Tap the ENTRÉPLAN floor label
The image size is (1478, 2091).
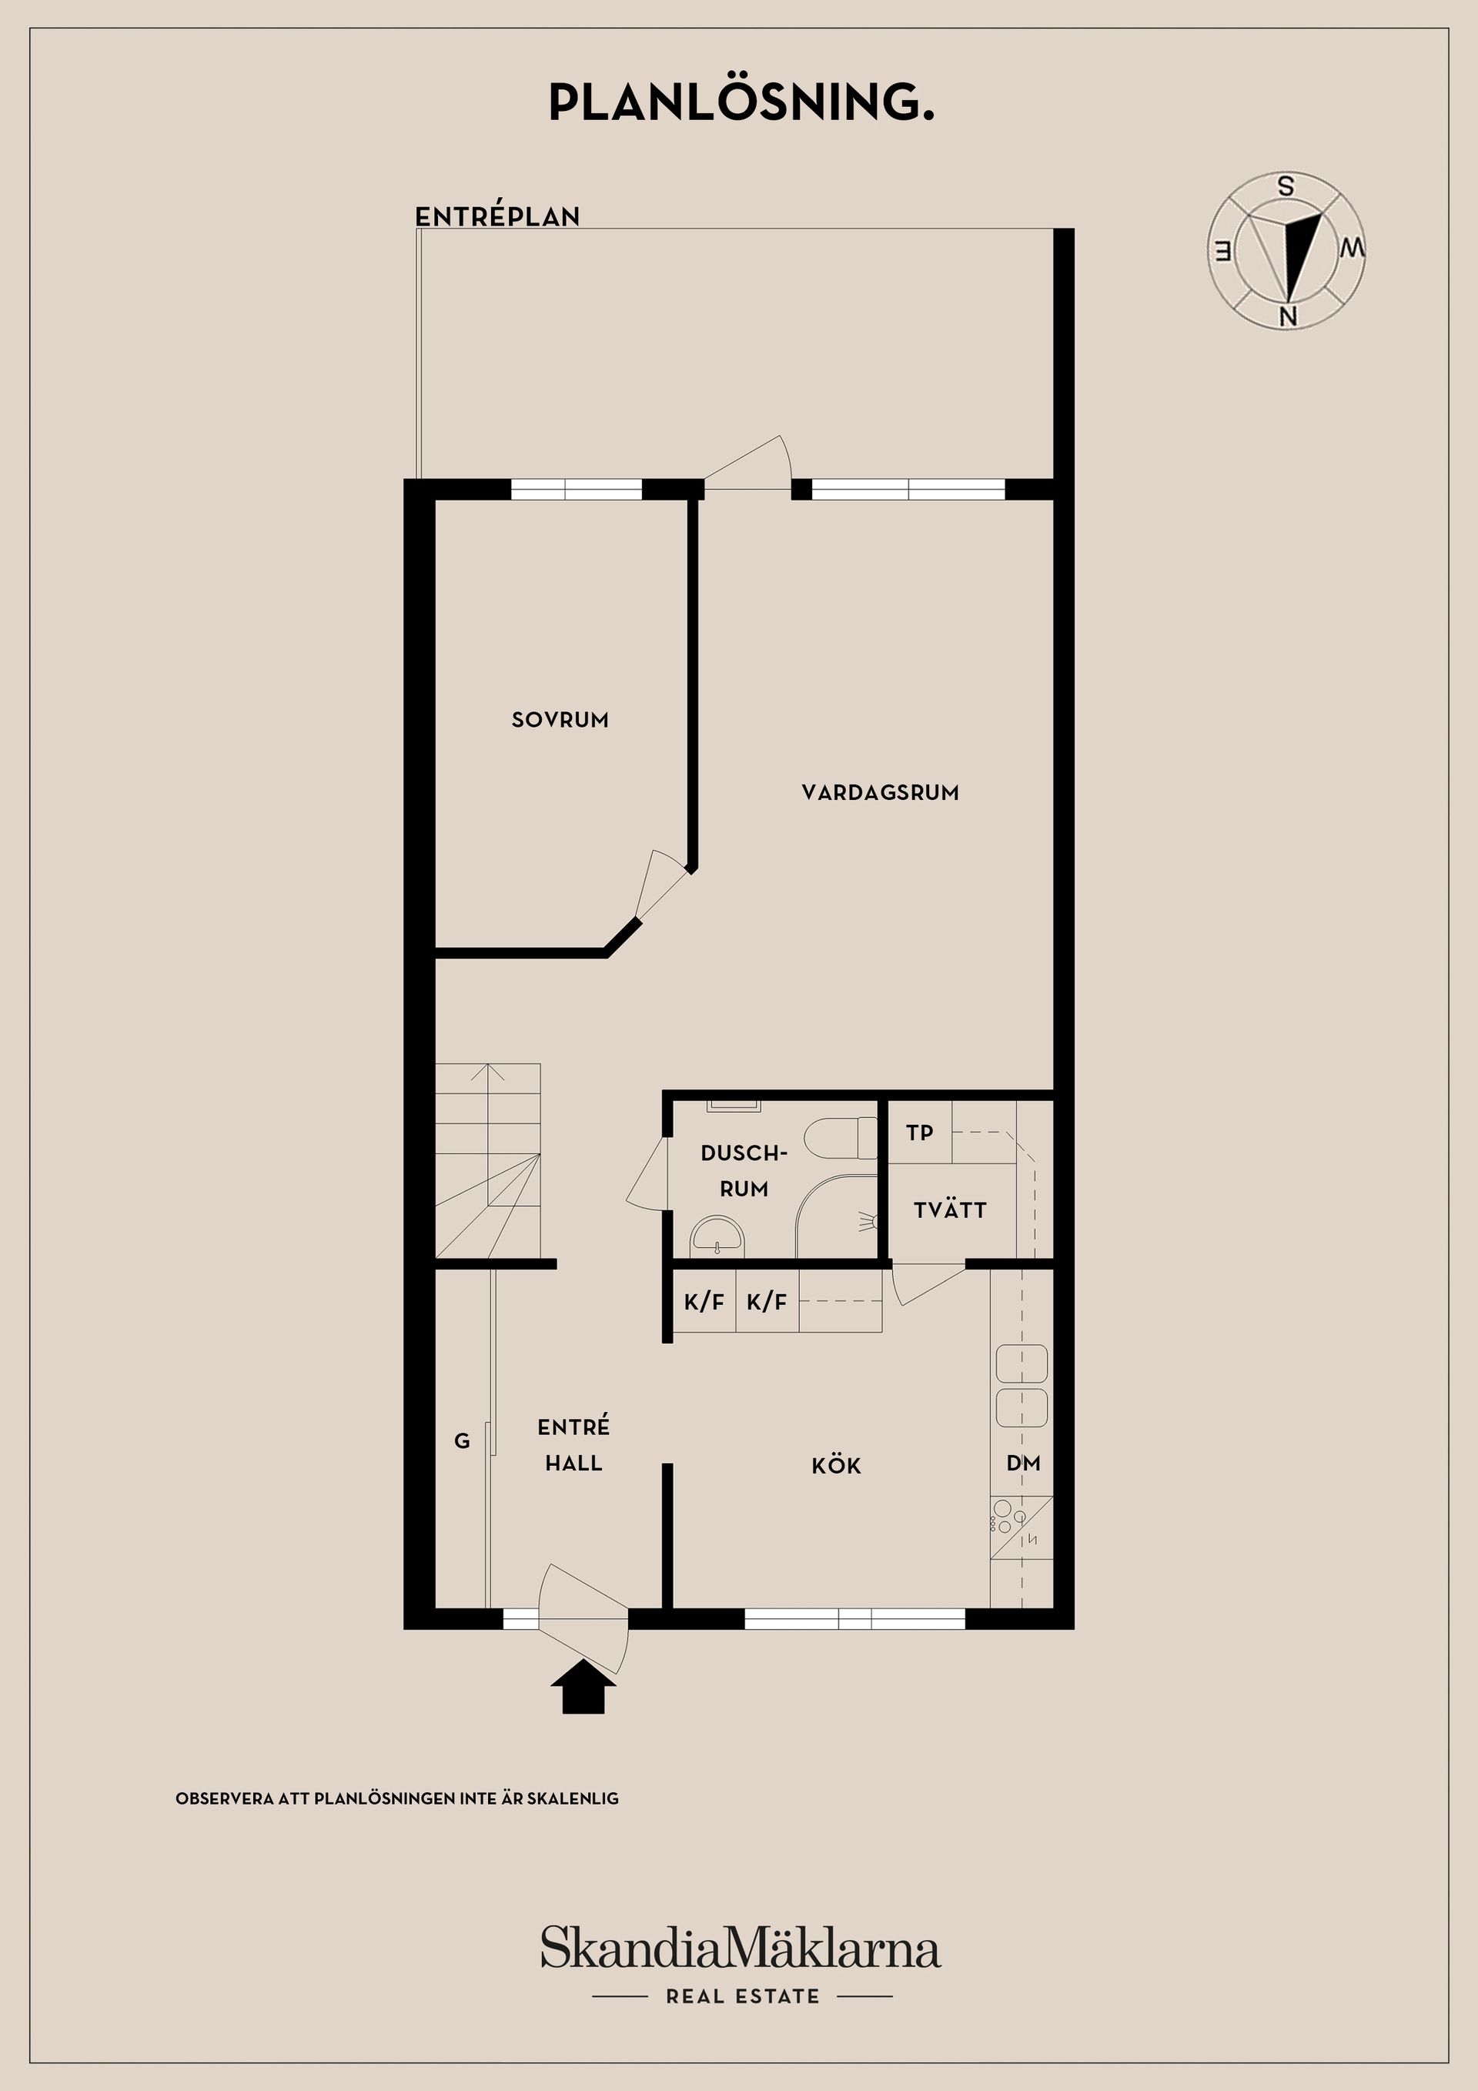[497, 217]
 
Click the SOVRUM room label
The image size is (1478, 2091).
[560, 720]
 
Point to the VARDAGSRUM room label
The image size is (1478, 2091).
[881, 792]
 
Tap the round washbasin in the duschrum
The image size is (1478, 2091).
[717, 1236]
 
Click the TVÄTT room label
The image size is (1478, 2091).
[950, 1209]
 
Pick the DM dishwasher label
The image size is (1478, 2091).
[1024, 1464]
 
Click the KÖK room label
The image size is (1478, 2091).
[836, 1465]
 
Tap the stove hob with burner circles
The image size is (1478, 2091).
[1021, 1527]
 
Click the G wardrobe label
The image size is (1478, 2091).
[463, 1440]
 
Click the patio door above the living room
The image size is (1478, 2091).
[747, 464]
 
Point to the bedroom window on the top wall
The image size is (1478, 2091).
[577, 490]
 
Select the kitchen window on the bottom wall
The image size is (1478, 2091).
[855, 1618]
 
